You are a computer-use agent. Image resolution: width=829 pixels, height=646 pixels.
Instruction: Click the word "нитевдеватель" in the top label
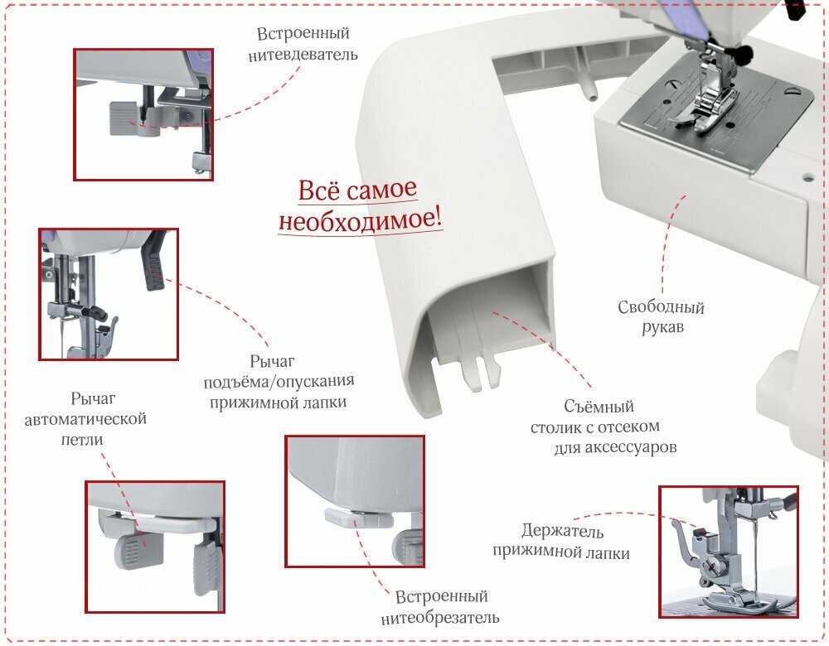click(303, 55)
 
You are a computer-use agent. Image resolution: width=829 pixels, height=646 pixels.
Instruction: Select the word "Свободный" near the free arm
click(661, 307)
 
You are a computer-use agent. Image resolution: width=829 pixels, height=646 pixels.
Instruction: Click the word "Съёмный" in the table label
click(599, 406)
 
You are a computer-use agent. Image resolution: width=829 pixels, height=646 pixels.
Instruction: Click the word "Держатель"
click(563, 530)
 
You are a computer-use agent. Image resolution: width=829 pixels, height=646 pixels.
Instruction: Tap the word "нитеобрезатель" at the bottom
click(440, 618)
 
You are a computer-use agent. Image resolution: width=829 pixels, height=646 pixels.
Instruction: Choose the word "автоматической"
click(85, 419)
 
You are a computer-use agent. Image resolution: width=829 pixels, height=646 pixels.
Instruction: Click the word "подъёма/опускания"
click(279, 382)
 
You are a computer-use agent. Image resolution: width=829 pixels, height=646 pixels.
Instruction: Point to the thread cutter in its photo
click(358, 518)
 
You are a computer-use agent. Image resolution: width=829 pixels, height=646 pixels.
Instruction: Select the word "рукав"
click(662, 327)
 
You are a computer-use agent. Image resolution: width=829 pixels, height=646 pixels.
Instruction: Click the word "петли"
click(82, 440)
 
